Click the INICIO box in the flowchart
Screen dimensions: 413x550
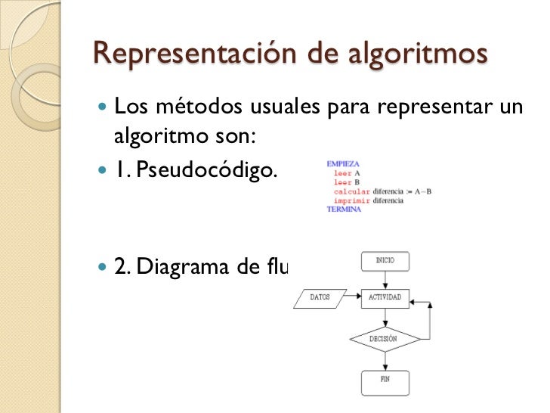(x=385, y=262)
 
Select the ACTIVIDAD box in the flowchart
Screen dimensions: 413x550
(x=385, y=297)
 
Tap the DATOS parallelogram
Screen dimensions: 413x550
(x=320, y=297)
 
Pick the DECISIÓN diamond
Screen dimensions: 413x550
(x=384, y=338)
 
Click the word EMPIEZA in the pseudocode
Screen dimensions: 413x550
(x=343, y=163)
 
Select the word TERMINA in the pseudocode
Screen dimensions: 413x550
(x=344, y=210)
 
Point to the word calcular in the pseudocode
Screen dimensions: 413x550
(x=352, y=191)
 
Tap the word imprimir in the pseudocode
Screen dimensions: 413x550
(x=352, y=200)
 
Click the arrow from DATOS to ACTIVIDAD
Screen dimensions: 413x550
(x=354, y=297)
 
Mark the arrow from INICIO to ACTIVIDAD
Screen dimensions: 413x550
(x=385, y=280)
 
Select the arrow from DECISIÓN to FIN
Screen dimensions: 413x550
(x=385, y=361)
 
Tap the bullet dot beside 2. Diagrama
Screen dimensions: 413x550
(x=104, y=266)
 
